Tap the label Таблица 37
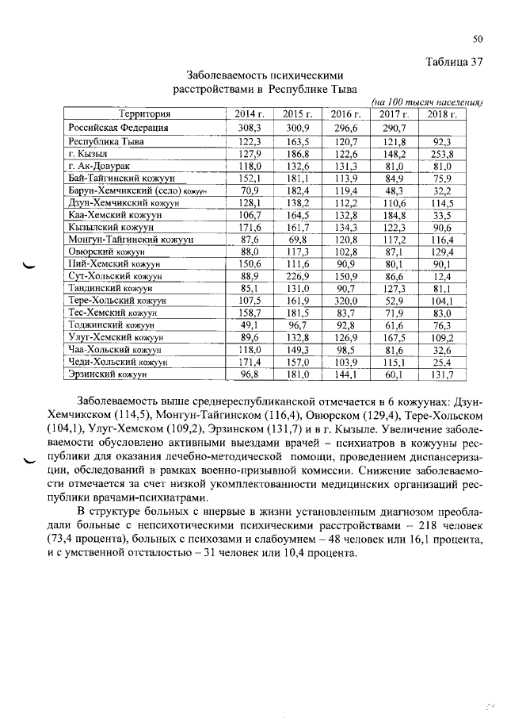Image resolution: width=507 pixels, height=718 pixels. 454,63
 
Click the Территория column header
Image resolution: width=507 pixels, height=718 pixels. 143,113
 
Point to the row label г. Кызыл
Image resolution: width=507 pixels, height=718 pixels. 88,153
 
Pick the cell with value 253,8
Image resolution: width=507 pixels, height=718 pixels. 442,153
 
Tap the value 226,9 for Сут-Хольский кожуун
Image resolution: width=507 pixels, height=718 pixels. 297,276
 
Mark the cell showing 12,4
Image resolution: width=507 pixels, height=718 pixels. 442,276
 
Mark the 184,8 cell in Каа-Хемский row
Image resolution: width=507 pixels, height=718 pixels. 394,214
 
